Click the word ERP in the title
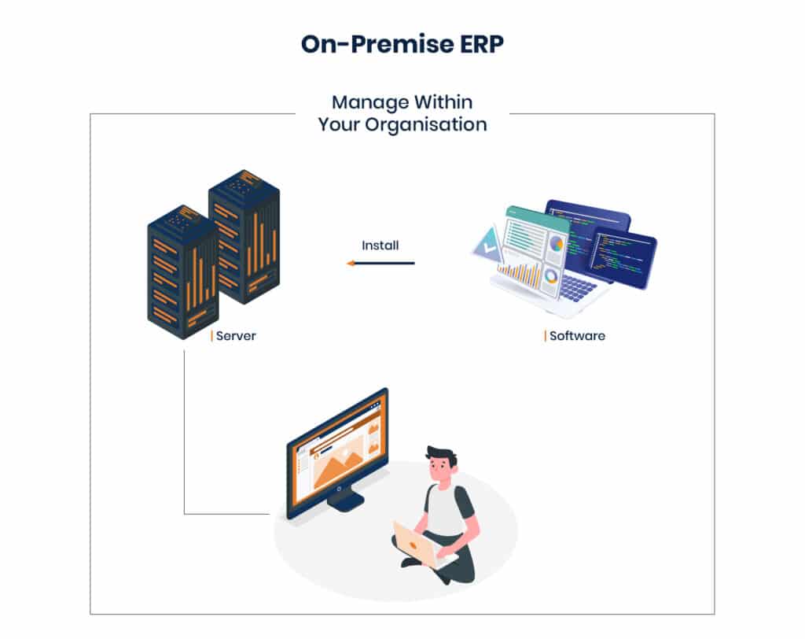(x=481, y=44)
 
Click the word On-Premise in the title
(x=377, y=44)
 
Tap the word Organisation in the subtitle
(x=426, y=125)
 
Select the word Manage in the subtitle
(x=370, y=102)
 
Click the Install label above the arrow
(x=380, y=246)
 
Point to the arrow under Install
(x=380, y=263)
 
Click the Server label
(x=236, y=336)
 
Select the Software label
(x=577, y=336)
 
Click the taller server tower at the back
(x=245, y=236)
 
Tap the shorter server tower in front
(x=182, y=272)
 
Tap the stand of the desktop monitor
(x=346, y=500)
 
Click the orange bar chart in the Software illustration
(x=520, y=275)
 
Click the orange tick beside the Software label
(x=545, y=336)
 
